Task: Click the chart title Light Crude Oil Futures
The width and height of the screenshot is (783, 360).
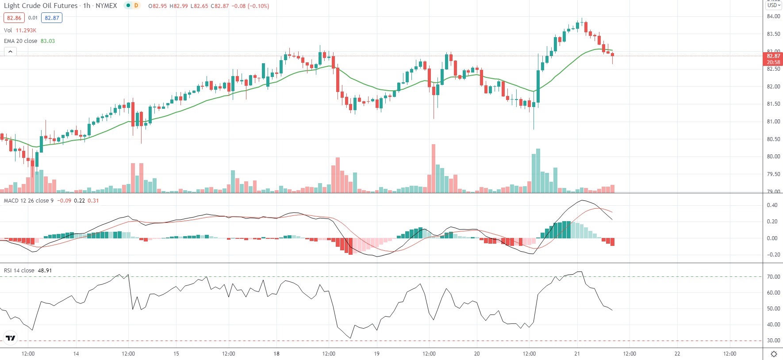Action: tap(41, 6)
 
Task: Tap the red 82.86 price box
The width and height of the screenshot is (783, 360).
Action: tap(14, 18)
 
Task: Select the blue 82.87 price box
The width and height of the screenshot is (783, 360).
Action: tap(52, 18)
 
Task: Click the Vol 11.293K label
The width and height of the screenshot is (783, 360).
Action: tap(20, 31)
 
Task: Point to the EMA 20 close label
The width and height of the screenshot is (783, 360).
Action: tap(21, 41)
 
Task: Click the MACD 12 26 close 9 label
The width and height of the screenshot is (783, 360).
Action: tap(29, 201)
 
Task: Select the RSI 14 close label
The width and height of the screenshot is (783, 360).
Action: tap(19, 271)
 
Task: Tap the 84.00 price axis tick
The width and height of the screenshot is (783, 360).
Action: tap(773, 16)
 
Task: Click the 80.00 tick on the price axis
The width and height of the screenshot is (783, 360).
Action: tap(773, 157)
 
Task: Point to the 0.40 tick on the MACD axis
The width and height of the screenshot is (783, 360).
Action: tap(772, 205)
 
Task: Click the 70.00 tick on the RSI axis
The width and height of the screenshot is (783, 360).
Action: tap(773, 277)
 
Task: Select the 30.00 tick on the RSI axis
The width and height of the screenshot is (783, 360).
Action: tap(773, 341)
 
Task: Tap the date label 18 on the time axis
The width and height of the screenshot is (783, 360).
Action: tap(276, 354)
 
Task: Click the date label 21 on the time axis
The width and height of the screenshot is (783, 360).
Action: tap(577, 354)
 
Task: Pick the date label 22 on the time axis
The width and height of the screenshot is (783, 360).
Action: tap(677, 354)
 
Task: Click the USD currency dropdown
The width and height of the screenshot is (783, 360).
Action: tap(773, 5)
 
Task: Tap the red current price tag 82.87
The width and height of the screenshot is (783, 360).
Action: tap(773, 59)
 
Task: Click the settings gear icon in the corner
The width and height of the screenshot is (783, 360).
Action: tap(774, 354)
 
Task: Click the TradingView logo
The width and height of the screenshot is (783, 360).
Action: tap(11, 338)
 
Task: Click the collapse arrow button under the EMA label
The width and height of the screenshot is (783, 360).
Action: tap(10, 52)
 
